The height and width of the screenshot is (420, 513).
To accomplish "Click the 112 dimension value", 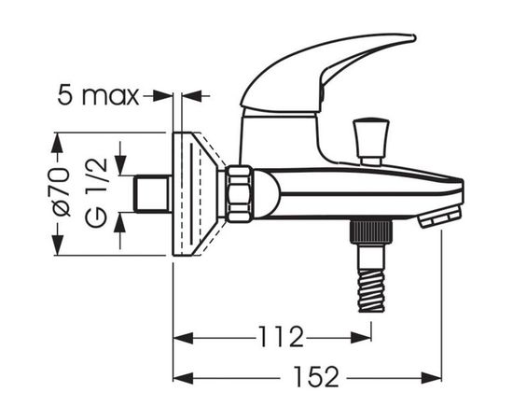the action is click(282, 337).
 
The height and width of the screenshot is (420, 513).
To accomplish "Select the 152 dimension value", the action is click(316, 377).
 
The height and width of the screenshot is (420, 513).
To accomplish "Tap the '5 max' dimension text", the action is click(98, 95).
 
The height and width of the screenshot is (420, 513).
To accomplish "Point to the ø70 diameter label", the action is click(62, 192).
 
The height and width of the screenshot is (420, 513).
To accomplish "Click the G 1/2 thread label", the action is click(96, 192).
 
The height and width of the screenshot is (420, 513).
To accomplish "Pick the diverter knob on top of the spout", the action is click(371, 143).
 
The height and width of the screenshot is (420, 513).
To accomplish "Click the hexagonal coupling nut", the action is click(240, 194).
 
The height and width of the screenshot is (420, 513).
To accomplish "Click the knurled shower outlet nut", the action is click(371, 232).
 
